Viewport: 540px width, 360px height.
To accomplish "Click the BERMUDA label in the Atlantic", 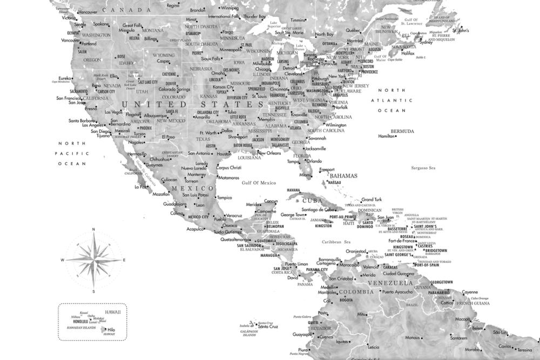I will [x=402, y=131].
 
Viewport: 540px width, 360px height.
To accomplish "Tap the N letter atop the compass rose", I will [x=94, y=229].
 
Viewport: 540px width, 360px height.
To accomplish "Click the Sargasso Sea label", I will [x=423, y=168].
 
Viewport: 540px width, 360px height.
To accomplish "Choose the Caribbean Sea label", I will [x=336, y=242].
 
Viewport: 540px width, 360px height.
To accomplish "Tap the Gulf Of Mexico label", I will [x=259, y=183].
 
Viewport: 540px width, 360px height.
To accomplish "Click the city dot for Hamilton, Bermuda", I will [x=397, y=137].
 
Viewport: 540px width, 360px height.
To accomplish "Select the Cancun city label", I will [x=271, y=201].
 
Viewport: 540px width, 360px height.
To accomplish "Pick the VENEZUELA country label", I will [x=390, y=283].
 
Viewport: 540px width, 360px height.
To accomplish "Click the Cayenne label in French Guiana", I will [x=470, y=292].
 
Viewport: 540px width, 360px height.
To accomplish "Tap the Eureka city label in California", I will [x=65, y=78].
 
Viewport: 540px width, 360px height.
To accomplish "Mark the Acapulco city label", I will [x=195, y=229].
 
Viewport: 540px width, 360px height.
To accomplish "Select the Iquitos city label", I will [x=342, y=341].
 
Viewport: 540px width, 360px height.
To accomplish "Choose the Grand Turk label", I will [x=371, y=199].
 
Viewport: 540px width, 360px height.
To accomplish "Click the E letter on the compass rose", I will [x=124, y=260].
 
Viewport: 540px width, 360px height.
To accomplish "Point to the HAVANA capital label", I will [x=293, y=190].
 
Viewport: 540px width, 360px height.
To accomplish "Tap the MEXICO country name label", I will [x=185, y=188].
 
